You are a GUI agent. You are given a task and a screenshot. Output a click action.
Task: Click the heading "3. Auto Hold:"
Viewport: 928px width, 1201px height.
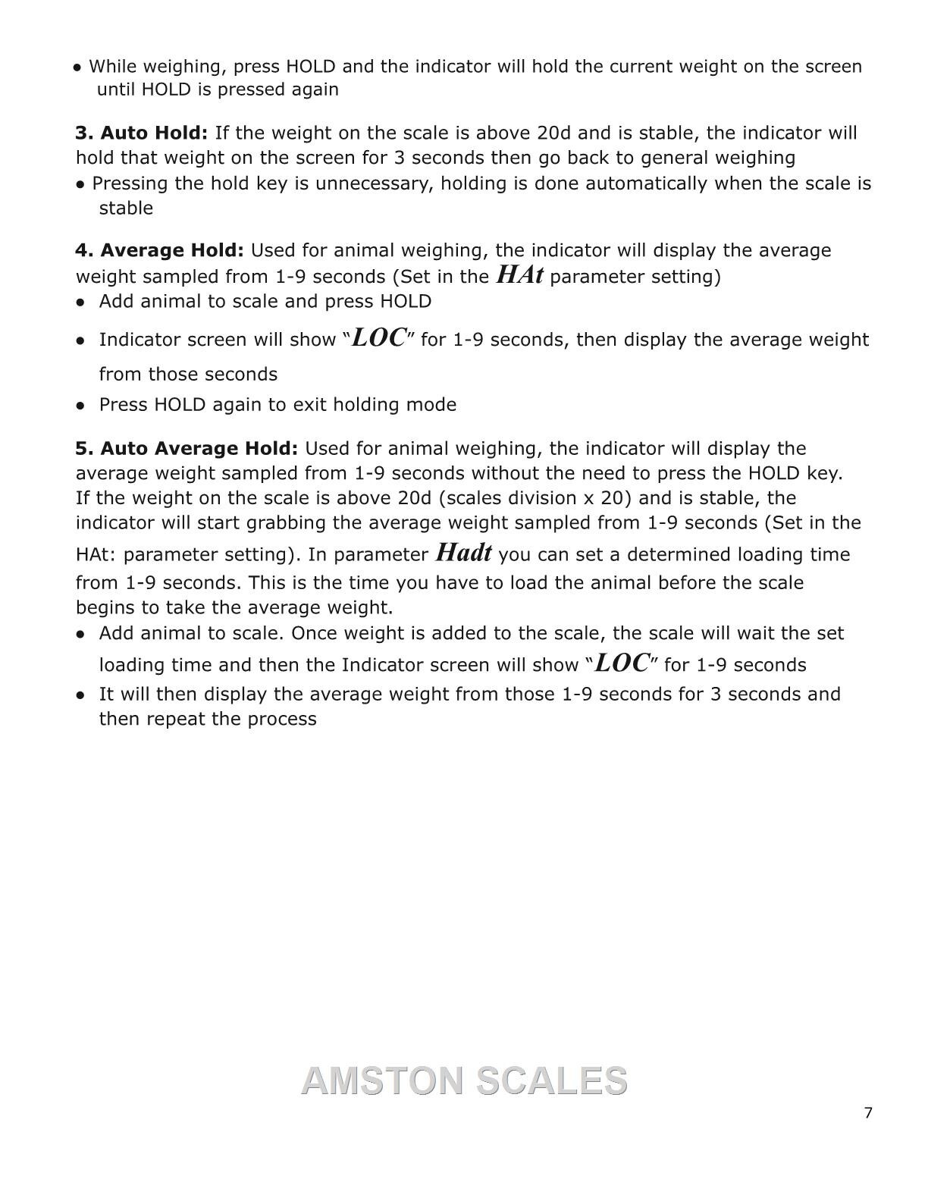point(141,133)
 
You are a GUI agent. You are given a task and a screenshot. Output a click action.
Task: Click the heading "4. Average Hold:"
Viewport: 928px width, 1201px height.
point(159,251)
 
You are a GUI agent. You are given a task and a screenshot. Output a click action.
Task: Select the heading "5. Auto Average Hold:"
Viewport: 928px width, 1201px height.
point(187,449)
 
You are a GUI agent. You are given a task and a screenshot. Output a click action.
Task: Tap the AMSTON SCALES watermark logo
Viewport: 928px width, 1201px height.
point(464,1080)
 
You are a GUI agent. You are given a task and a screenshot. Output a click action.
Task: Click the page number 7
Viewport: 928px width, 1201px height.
point(868,1113)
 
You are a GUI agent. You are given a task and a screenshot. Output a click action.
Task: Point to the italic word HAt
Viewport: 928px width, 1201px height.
point(519,274)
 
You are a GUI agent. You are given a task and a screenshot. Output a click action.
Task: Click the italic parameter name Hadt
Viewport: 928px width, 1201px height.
point(463,553)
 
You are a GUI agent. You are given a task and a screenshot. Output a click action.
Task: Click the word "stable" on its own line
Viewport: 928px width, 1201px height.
point(126,209)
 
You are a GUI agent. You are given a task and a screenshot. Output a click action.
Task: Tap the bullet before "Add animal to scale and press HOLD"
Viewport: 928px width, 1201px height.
point(80,302)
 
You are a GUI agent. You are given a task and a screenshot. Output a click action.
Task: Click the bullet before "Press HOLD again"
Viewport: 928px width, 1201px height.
point(80,405)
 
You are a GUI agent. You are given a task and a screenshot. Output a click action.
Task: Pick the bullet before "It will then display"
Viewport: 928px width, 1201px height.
point(80,695)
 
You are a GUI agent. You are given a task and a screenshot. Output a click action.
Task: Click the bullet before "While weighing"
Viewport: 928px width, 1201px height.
point(77,67)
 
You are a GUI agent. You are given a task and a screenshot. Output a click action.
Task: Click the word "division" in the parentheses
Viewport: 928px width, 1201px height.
point(541,499)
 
